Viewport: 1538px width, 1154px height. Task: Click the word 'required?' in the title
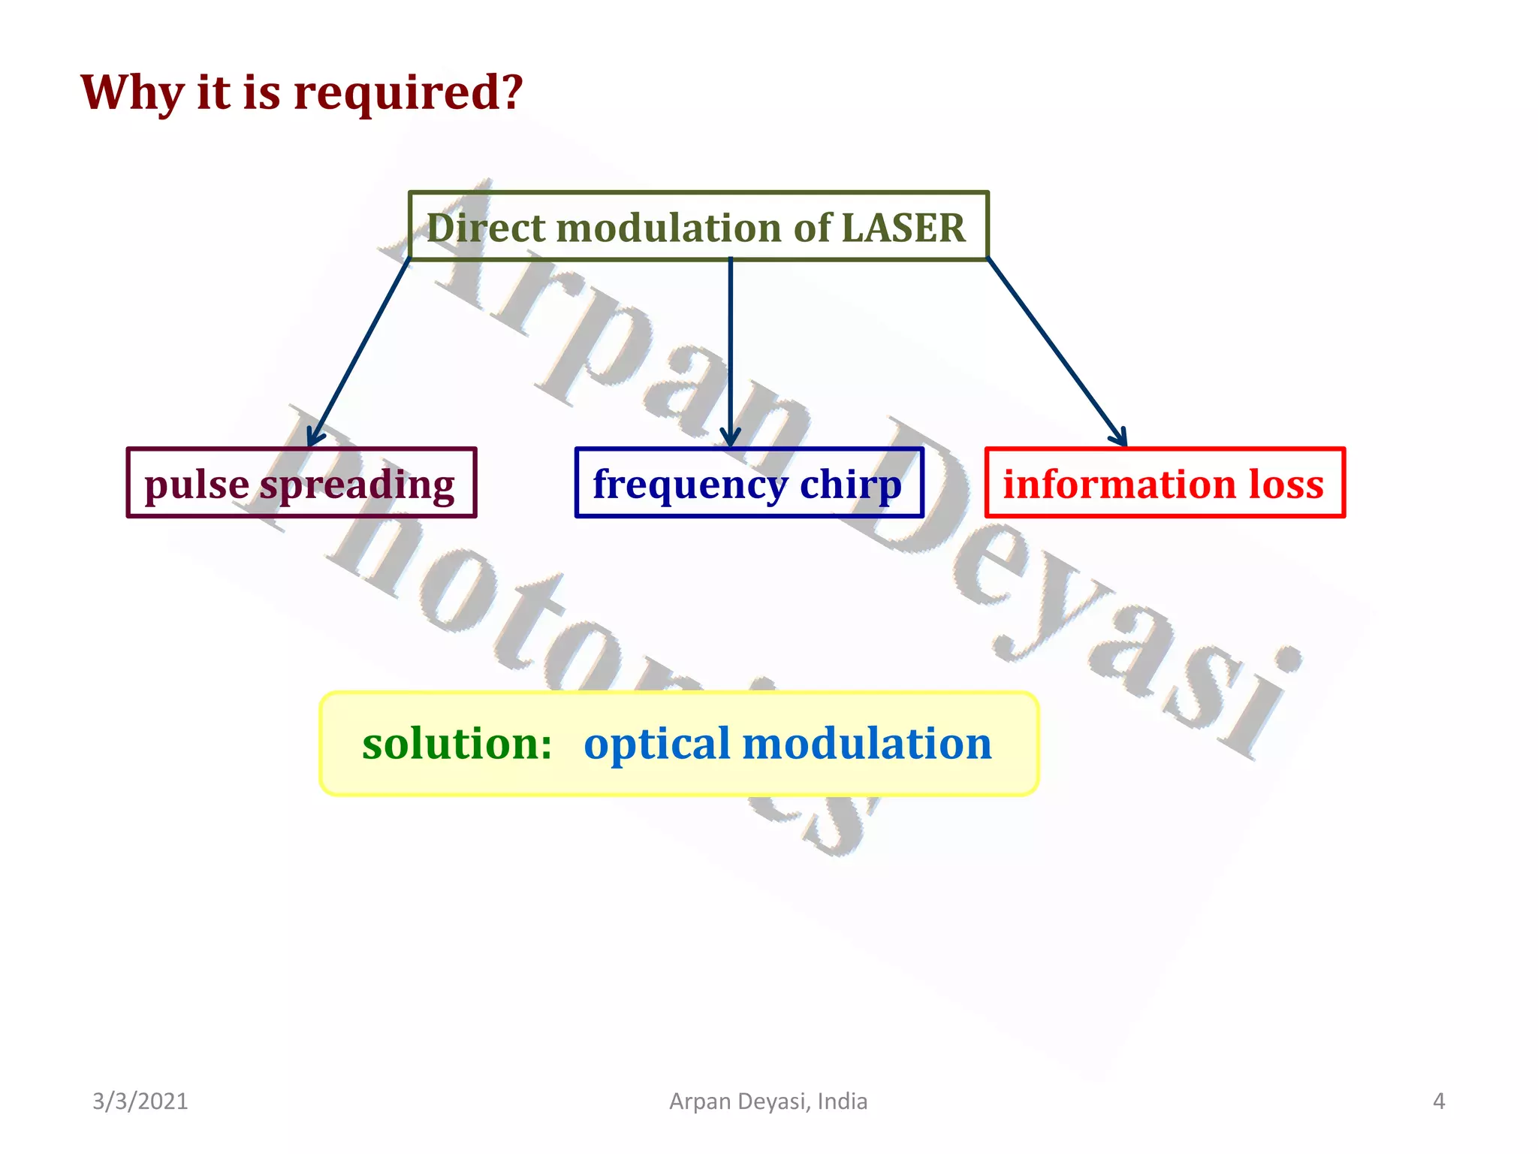pos(407,94)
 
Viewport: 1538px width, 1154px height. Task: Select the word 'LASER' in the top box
pos(903,228)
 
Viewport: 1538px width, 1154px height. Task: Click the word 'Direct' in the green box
pos(485,228)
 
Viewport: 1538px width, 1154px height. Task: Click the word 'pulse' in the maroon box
pos(196,485)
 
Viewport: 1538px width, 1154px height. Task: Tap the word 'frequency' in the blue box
pos(689,485)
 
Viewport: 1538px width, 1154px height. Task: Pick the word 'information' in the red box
pos(1119,484)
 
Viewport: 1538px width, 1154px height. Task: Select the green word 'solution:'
pos(457,744)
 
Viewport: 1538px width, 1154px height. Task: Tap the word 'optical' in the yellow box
pos(656,744)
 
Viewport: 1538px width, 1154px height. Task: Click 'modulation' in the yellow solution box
pos(867,744)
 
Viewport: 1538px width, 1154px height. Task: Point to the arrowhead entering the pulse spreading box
pos(315,438)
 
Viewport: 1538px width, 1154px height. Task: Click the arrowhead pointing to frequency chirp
pos(730,439)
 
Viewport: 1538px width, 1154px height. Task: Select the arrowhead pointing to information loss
pos(1120,437)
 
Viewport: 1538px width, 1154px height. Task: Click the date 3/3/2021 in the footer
pos(140,1101)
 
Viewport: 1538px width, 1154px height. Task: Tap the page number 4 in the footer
pos(1438,1101)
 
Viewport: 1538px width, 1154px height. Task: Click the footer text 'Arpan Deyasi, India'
pos(767,1101)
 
